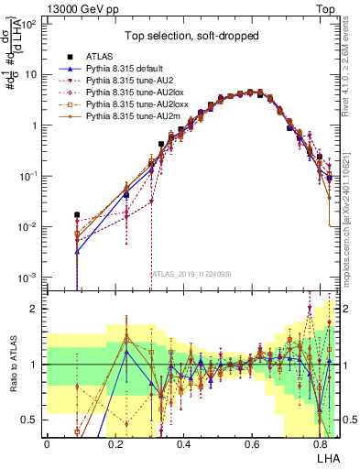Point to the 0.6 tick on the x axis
tap(252, 443)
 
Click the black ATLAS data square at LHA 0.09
tap(78, 215)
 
